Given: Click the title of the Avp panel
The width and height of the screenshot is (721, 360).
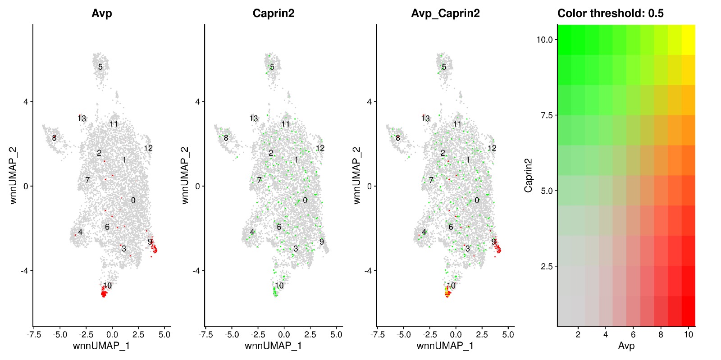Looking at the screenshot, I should [102, 14].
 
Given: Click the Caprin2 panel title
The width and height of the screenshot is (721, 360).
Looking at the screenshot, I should [274, 14].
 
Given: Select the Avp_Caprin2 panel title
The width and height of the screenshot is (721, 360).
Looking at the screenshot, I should [445, 14].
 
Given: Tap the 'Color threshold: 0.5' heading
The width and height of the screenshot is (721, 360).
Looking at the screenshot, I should [610, 14].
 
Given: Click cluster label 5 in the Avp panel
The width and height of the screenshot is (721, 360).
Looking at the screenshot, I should [100, 67].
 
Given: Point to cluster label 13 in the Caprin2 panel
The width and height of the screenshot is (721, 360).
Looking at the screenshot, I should [254, 118].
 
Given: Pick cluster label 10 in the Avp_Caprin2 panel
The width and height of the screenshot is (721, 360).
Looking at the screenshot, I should [451, 286].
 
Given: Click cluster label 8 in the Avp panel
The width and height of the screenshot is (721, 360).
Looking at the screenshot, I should [54, 138].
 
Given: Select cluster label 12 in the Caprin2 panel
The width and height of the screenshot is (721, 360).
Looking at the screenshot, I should [320, 148].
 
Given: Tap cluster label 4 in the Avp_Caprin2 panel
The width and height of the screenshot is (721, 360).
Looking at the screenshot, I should [424, 232].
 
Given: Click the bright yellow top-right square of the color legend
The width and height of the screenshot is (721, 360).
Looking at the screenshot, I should [688, 40].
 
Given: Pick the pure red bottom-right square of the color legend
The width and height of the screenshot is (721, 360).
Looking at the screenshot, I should [688, 311].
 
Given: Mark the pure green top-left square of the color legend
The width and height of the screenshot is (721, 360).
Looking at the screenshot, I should [565, 40].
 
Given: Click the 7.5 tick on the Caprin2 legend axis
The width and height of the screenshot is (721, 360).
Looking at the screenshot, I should [546, 115].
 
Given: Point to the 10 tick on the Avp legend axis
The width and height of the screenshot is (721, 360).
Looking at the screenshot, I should [688, 334].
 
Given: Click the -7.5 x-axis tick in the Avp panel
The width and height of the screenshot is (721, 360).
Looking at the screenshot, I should [34, 335].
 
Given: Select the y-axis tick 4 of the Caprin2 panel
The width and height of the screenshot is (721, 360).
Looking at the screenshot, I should [197, 102].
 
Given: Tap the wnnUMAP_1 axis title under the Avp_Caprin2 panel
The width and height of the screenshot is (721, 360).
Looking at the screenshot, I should [445, 346].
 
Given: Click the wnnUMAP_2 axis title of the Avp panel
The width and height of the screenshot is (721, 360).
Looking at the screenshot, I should [14, 176].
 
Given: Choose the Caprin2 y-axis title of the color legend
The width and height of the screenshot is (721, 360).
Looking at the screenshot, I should [528, 176].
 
